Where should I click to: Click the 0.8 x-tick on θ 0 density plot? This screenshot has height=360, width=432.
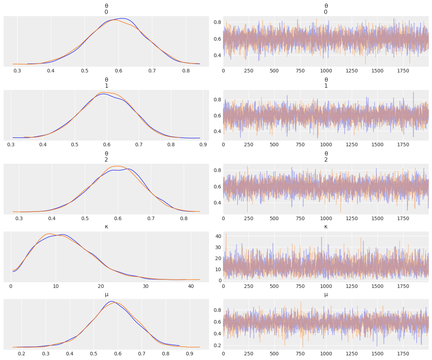(186, 71)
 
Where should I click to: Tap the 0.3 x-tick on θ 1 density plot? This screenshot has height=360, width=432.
(11, 144)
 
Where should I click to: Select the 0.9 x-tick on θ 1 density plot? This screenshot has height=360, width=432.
(203, 144)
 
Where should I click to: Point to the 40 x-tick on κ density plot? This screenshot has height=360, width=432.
(191, 286)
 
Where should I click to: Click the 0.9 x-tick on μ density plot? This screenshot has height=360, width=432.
(190, 354)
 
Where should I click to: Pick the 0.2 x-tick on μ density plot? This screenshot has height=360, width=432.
(21, 354)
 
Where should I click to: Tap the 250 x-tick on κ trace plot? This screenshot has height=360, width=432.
(249, 286)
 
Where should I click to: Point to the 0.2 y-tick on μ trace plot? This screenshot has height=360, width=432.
(217, 345)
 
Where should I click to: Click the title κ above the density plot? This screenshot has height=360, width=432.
(106, 227)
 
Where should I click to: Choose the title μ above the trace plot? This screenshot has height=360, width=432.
(326, 294)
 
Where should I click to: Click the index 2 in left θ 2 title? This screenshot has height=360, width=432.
(106, 160)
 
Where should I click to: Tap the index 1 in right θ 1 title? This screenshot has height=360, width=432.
(326, 86)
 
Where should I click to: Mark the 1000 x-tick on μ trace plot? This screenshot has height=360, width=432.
(326, 354)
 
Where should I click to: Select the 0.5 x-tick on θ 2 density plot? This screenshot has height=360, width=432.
(85, 218)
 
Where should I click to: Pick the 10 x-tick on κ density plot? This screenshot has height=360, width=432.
(55, 286)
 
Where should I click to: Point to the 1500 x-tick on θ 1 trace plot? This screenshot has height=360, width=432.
(377, 144)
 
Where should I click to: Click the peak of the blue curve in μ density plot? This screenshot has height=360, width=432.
(111, 301)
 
